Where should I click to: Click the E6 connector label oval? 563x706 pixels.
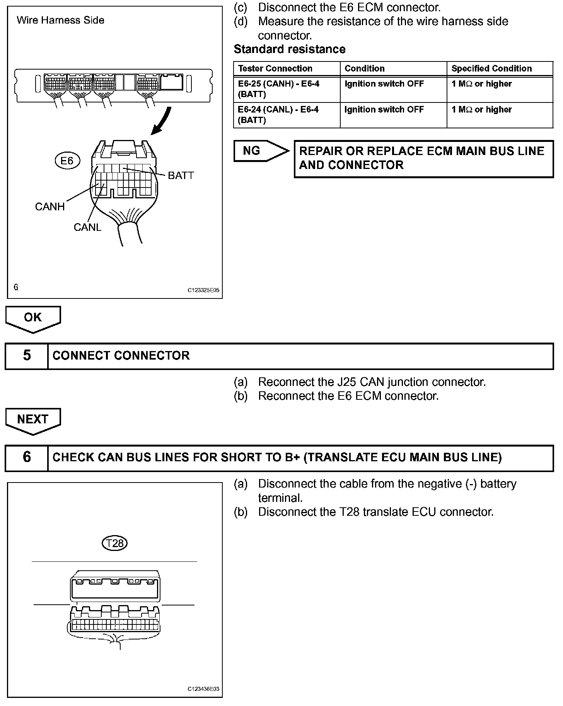pos(67,160)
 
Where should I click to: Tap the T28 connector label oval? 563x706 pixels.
pos(115,543)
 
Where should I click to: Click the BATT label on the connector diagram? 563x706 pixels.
pos(181,176)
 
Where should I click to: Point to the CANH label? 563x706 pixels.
pos(50,207)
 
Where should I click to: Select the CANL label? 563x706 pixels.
pos(87,227)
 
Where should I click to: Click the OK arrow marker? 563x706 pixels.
pos(33,318)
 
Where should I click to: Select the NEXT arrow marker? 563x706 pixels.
pos(33,420)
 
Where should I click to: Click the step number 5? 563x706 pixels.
pos(27,356)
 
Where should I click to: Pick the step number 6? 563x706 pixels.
pos(27,457)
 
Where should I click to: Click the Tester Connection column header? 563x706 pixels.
pos(275,69)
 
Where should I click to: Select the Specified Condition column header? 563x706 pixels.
pos(491,69)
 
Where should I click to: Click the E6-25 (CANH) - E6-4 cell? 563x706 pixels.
pos(279,89)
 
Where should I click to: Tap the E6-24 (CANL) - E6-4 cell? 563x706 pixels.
pos(278,115)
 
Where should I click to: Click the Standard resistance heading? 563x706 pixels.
pos(290,49)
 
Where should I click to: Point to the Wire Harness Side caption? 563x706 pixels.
pos(61,20)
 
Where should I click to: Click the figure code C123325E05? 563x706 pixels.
pos(203,290)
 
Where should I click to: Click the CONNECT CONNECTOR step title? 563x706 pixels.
pos(121,356)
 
